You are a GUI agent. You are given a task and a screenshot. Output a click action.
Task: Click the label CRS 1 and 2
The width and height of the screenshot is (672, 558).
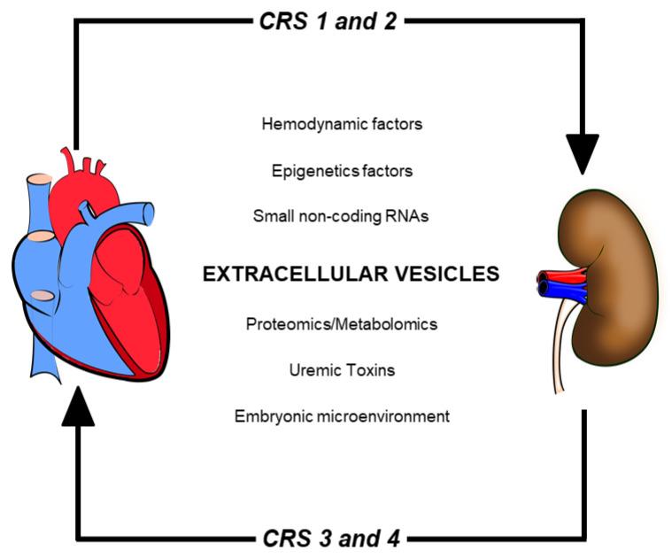(x=329, y=19)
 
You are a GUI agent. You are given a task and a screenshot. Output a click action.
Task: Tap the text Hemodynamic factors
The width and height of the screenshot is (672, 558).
(x=342, y=124)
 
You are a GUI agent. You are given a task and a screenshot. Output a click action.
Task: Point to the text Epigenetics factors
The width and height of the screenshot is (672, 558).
(x=342, y=169)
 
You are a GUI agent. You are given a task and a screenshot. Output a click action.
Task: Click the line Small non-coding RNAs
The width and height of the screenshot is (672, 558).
(x=341, y=215)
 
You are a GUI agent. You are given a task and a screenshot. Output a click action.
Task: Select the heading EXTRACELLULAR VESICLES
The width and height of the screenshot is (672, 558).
(x=351, y=275)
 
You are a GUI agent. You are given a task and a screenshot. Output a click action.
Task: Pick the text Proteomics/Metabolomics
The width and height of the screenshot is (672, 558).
(x=342, y=324)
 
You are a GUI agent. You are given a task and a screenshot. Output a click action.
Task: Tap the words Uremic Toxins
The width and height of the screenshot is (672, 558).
(x=342, y=369)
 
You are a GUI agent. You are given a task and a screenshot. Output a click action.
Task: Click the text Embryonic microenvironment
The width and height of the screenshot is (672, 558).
(x=342, y=415)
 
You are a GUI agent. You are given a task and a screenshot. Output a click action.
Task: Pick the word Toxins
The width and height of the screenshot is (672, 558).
(x=371, y=369)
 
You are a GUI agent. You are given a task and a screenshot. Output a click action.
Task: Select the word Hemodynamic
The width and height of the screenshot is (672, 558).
(x=305, y=124)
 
